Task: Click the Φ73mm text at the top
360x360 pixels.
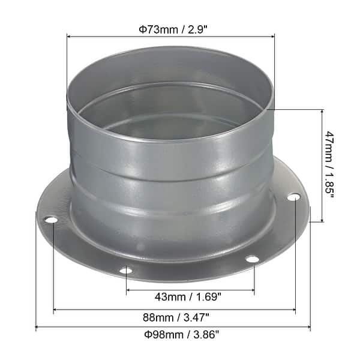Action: tap(153, 28)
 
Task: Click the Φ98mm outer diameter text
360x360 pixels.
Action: tap(153, 334)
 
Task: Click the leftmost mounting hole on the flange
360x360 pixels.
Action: tap(52, 220)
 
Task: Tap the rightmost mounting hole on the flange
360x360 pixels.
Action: tap(293, 197)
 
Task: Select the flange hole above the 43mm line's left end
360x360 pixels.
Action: tap(126, 270)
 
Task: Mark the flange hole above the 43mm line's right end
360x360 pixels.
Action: tap(253, 259)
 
